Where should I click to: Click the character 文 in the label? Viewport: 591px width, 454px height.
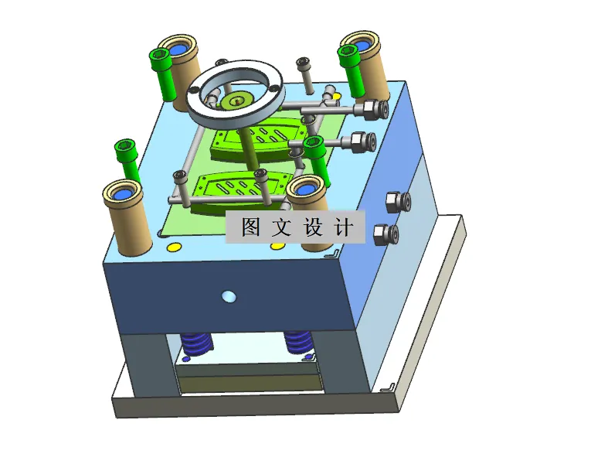coord(284,227)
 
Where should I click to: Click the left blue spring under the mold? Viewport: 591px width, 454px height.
coord(197,343)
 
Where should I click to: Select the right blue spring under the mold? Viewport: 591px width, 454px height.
coord(298,341)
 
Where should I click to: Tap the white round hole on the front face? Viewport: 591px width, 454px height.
coord(227,296)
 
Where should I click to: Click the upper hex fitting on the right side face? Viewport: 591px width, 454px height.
coord(396,202)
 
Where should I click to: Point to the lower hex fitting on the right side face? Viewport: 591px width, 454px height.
coord(384,234)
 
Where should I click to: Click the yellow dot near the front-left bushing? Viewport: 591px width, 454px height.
coord(174,247)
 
